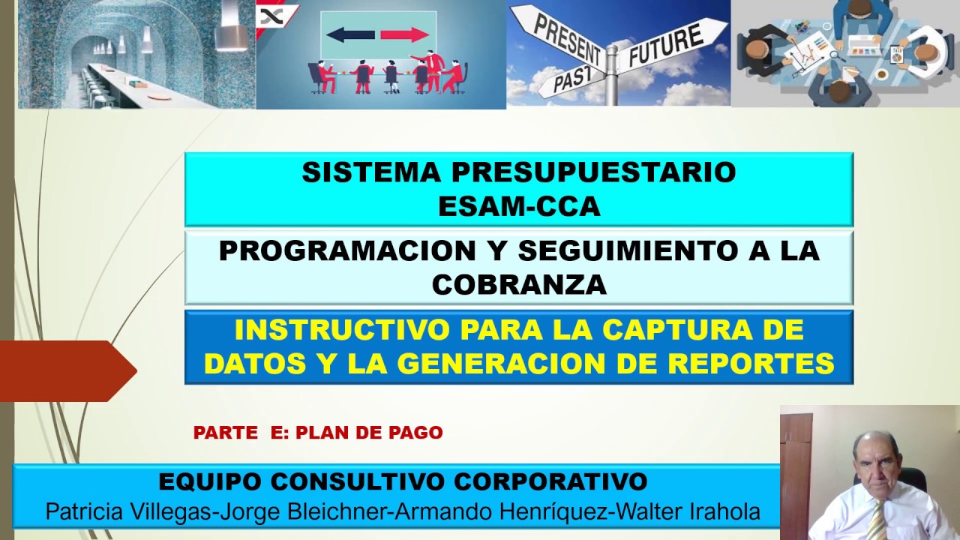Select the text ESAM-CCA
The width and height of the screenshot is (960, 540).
519,206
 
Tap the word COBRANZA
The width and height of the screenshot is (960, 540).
519,284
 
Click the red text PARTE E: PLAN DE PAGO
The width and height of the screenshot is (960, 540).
318,433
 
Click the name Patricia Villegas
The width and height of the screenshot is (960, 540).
128,511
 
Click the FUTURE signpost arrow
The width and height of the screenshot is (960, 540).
673,44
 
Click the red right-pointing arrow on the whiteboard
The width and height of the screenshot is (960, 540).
404,34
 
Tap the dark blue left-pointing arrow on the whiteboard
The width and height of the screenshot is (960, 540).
350,34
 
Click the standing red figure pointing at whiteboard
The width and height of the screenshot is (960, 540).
432,70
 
